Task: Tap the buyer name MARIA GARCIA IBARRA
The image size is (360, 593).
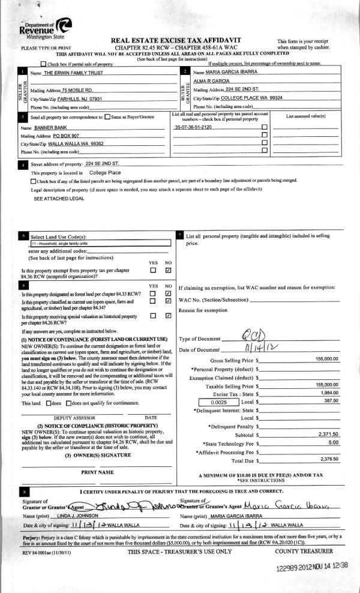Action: (x=223, y=71)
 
